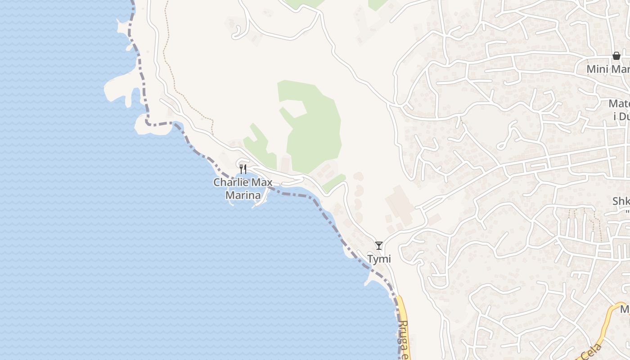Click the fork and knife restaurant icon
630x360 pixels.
click(x=243, y=169)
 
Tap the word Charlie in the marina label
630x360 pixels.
click(x=230, y=183)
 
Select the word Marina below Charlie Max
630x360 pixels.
click(x=243, y=195)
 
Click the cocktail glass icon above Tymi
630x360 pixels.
click(x=379, y=246)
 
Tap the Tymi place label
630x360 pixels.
click(x=379, y=259)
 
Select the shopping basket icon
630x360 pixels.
click(x=616, y=56)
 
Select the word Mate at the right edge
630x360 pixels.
click(x=619, y=104)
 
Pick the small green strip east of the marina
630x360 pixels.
click(x=333, y=182)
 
